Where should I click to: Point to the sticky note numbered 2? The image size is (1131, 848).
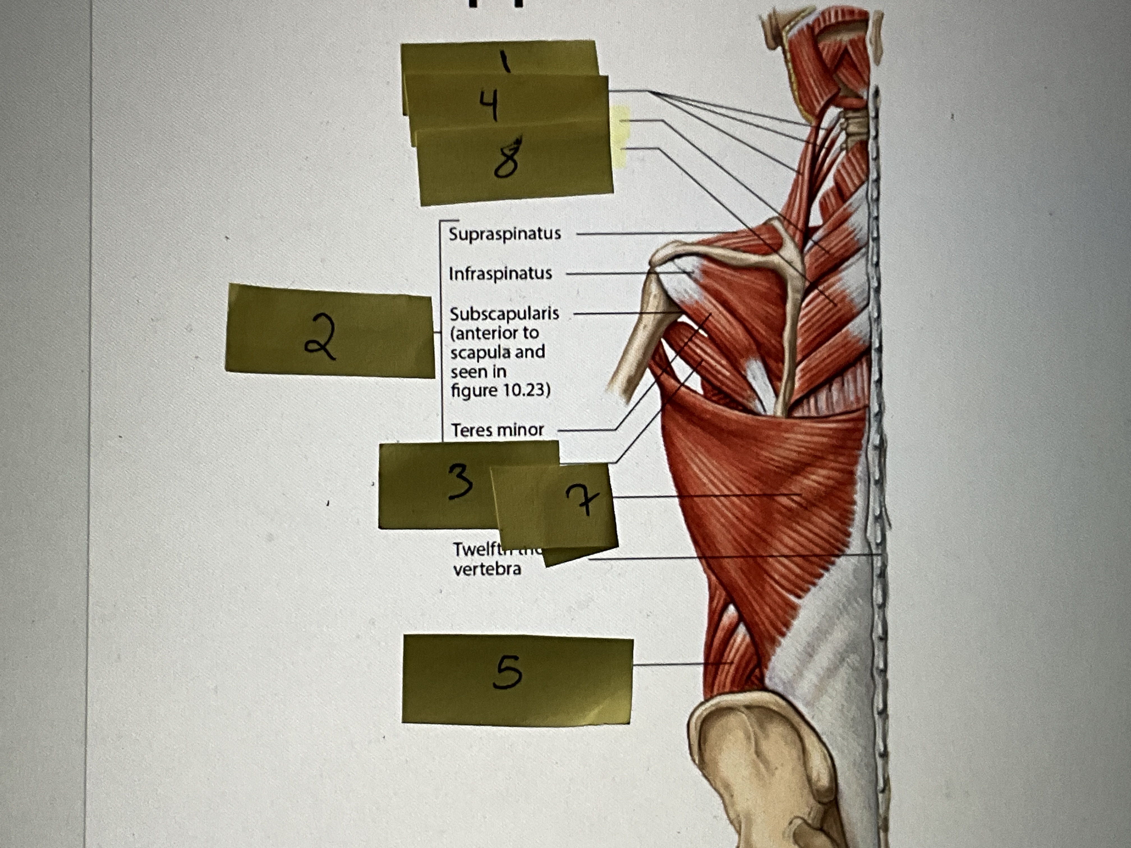coord(330,332)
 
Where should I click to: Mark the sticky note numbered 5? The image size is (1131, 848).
coord(516,680)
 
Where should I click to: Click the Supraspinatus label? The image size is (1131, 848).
coord(504,234)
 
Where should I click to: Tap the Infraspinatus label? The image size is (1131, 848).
coord(500,273)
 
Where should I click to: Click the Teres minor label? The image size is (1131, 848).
coord(497,430)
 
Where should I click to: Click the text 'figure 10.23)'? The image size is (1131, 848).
coord(500,391)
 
